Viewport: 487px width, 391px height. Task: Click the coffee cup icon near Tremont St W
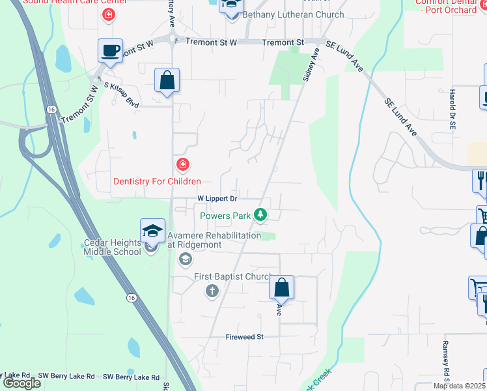pos(110,51)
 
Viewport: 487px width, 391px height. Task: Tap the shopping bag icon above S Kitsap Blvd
pos(167,81)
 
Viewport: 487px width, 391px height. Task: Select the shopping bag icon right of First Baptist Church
pos(281,287)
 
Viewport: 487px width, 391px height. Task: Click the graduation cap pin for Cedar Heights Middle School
pos(152,231)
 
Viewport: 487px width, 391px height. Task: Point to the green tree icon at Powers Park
pos(260,214)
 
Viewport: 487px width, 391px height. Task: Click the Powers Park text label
pos(225,215)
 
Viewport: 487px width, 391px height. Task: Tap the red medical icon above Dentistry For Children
pos(184,164)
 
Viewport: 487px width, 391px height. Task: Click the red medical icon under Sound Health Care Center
pos(108,14)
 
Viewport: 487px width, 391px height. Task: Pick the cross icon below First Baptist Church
pos(212,291)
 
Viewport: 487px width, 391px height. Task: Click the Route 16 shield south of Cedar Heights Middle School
pos(132,297)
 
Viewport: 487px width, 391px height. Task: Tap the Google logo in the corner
pos(21,383)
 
